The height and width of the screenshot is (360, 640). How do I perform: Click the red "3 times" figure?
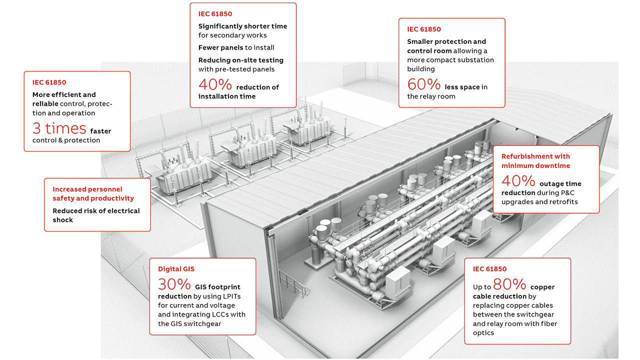tap(59, 128)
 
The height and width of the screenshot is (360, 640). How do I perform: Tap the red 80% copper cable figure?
tap(509, 284)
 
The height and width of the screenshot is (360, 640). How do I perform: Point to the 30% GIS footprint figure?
tap(174, 284)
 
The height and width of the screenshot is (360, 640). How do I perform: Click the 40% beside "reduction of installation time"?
tap(215, 84)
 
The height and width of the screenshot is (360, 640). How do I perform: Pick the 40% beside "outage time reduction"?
tap(518, 181)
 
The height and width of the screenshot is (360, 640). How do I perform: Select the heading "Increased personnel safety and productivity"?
tap(93, 194)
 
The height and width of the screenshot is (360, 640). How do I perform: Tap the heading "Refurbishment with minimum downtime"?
tap(535, 161)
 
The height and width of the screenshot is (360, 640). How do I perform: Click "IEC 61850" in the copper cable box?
tap(489, 269)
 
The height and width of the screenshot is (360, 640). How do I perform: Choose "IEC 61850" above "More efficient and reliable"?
tap(49, 82)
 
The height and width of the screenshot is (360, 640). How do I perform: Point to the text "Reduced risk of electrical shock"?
tap(96, 215)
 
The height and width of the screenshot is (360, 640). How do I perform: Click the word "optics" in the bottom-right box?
tap(483, 332)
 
